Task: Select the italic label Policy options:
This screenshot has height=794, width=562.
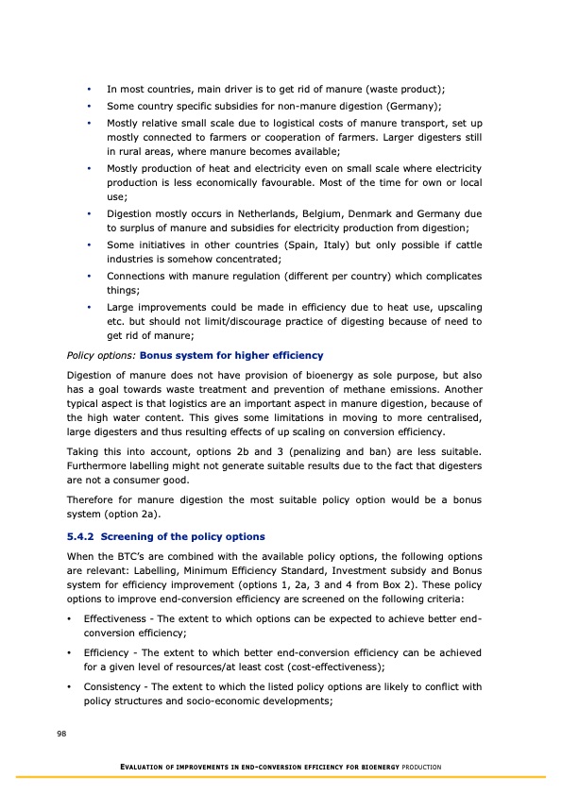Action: (101, 355)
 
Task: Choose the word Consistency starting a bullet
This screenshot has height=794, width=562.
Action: (114, 685)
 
